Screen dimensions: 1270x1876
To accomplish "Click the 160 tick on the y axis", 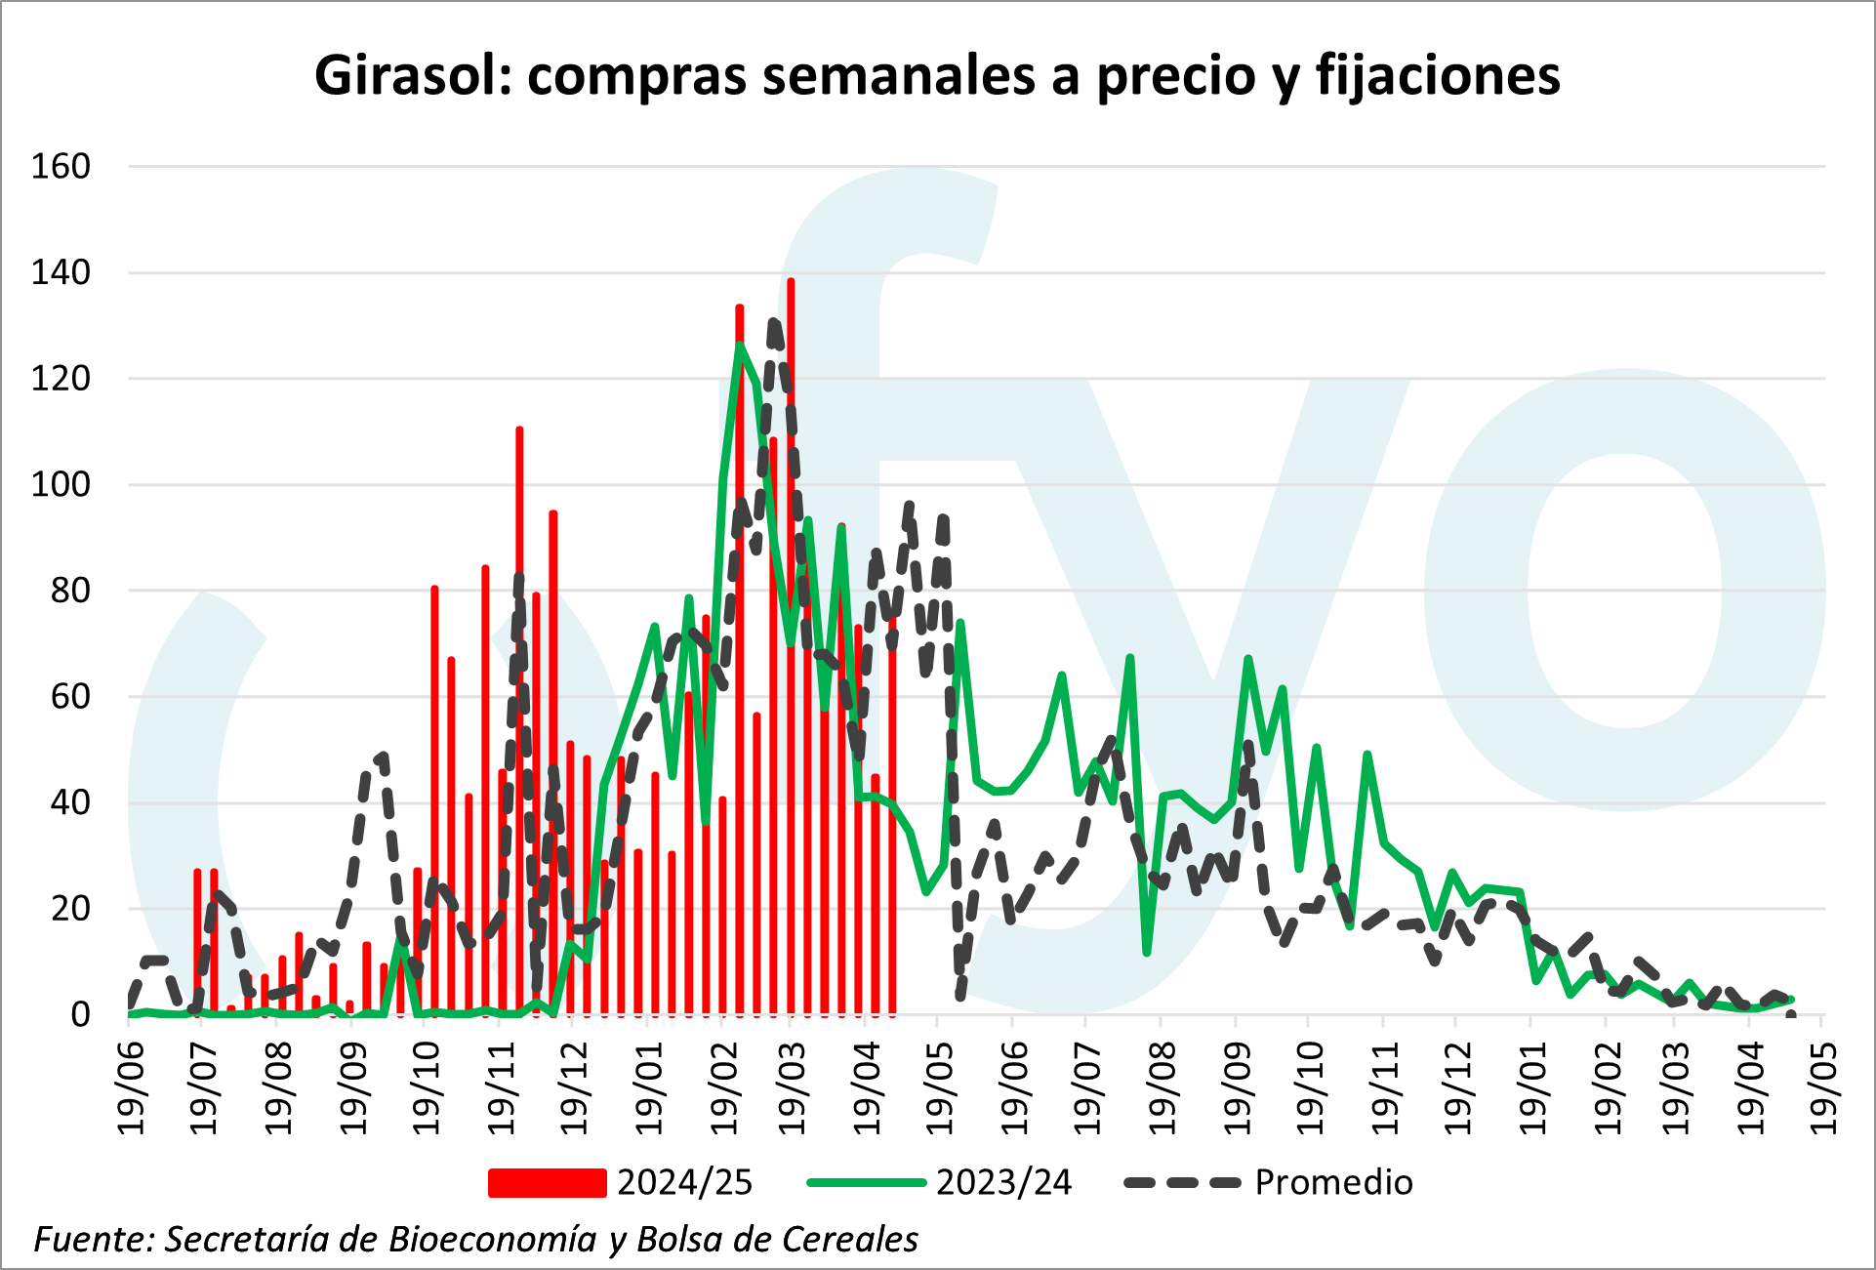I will (61, 167).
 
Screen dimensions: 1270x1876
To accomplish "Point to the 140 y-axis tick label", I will (61, 272).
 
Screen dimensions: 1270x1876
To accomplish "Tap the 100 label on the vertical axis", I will (61, 484).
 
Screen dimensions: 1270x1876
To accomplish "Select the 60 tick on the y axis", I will (70, 697).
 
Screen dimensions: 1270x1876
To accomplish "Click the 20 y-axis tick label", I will (70, 909).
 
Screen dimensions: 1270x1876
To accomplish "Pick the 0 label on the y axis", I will (80, 1015).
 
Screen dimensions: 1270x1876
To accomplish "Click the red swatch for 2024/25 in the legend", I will (547, 1183).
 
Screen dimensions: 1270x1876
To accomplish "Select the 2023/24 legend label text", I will (1003, 1183).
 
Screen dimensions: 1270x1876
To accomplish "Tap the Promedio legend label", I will (1333, 1183).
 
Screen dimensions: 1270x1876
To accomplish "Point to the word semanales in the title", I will (898, 75).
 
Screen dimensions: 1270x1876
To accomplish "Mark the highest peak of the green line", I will (740, 344).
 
